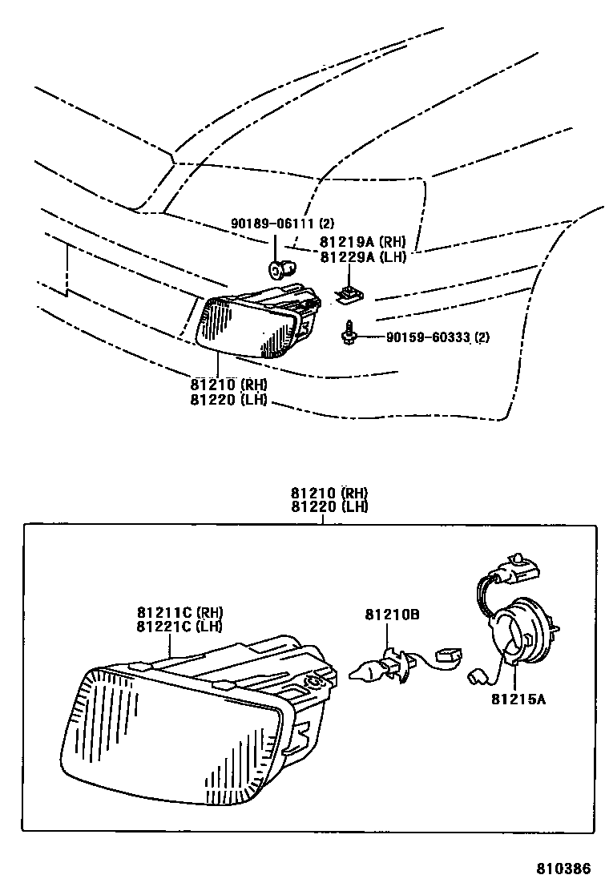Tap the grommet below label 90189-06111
coord(277,270)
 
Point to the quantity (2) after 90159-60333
coord(482,337)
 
